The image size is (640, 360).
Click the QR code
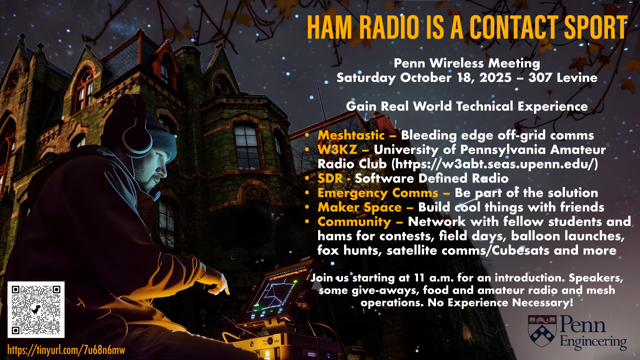(36, 310)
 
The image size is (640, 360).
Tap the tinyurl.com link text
(66, 350)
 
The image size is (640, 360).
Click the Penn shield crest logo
(542, 331)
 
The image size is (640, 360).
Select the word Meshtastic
(351, 135)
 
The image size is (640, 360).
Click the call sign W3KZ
(337, 150)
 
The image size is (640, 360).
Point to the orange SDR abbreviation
(330, 178)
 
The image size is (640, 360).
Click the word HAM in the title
(329, 28)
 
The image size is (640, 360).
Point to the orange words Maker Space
(359, 207)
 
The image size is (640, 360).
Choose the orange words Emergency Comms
(378, 193)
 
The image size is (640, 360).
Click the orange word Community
(354, 222)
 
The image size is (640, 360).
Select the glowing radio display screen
(272, 293)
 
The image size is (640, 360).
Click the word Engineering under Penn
(593, 342)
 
